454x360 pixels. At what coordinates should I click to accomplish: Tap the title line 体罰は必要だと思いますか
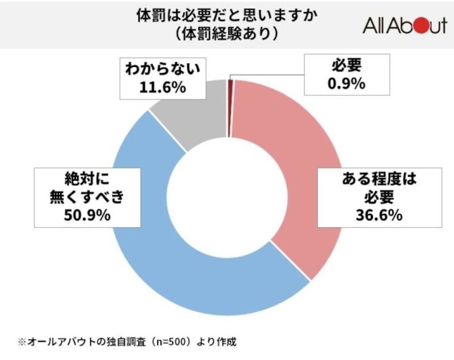(x=226, y=15)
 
